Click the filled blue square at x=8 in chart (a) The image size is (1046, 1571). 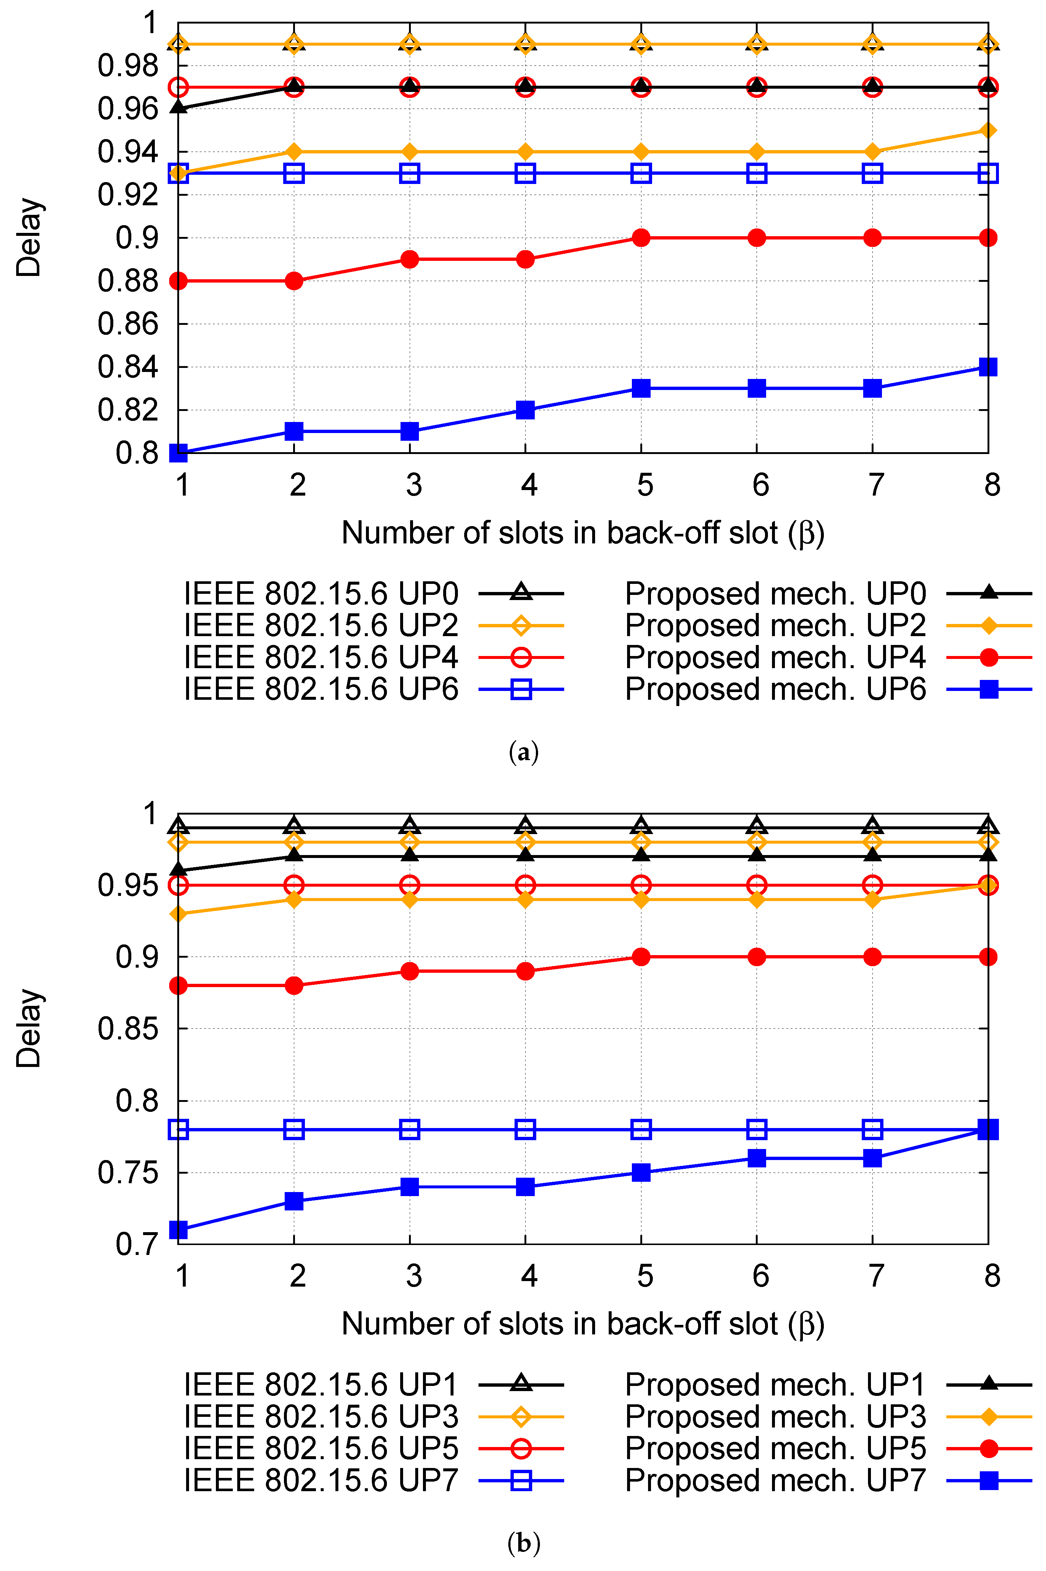click(988, 367)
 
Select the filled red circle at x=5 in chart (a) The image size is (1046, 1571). click(641, 238)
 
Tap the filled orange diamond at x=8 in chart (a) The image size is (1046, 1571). click(988, 130)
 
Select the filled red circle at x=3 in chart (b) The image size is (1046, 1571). click(410, 971)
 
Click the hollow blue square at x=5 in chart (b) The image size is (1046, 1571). click(641, 1129)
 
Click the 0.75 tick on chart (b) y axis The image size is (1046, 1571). click(128, 1173)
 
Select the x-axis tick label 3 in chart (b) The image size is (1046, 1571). click(414, 1276)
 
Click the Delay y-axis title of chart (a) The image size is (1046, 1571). click(29, 238)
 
